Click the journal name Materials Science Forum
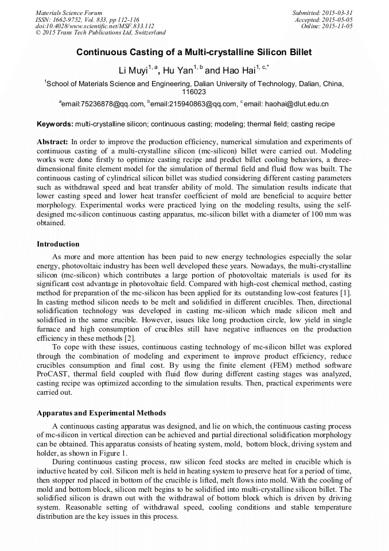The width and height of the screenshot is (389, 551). pyautogui.click(x=69, y=12)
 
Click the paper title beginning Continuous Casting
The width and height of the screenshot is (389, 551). pyautogui.click(x=194, y=52)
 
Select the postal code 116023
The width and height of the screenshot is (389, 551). pyautogui.click(x=194, y=91)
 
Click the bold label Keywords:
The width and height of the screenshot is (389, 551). pyautogui.click(x=55, y=124)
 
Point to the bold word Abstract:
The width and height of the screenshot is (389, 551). pyautogui.click(x=52, y=141)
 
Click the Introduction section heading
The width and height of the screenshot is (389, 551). pyautogui.click(x=58, y=244)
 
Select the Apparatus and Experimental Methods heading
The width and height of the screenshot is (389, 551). pyautogui.click(x=101, y=413)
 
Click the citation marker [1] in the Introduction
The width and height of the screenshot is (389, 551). pyautogui.click(x=346, y=293)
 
